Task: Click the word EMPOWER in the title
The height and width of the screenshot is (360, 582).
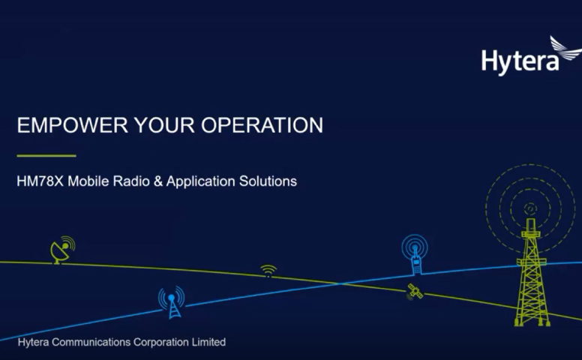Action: (73, 125)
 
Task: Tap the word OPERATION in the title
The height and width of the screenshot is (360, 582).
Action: (262, 125)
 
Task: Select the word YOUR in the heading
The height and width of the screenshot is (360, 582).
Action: (164, 125)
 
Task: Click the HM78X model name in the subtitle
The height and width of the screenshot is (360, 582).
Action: (40, 181)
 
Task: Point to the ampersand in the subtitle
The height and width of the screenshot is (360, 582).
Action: (158, 181)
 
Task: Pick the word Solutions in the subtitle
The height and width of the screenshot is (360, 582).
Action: (268, 181)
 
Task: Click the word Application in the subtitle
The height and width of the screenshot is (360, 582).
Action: (201, 181)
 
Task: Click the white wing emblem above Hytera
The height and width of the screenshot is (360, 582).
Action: (565, 48)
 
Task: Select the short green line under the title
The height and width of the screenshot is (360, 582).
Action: (46, 156)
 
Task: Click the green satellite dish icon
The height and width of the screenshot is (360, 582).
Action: (62, 250)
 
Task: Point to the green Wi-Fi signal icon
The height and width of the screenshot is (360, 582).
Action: (268, 270)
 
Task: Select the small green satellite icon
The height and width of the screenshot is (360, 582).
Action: (415, 292)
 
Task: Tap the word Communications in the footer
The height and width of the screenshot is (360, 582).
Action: (91, 342)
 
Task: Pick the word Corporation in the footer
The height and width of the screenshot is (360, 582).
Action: (161, 342)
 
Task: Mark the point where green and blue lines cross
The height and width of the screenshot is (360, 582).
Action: (340, 284)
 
